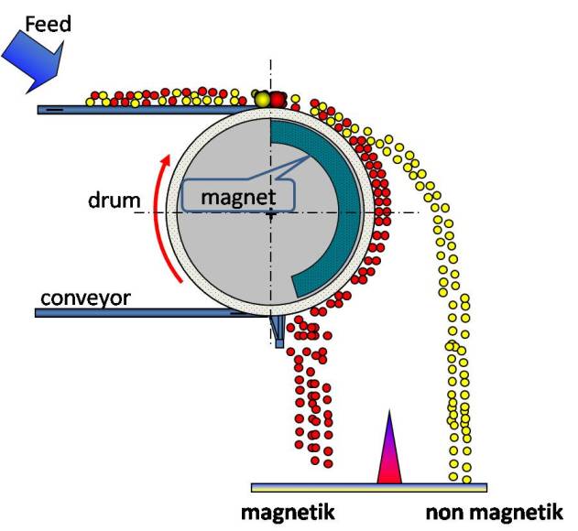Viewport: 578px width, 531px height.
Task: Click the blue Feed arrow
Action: [x=33, y=57]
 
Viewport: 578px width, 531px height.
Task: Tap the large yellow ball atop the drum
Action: [x=262, y=99]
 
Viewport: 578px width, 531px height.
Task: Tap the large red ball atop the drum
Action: [x=278, y=99]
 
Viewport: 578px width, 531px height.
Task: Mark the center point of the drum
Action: [x=270, y=213]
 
